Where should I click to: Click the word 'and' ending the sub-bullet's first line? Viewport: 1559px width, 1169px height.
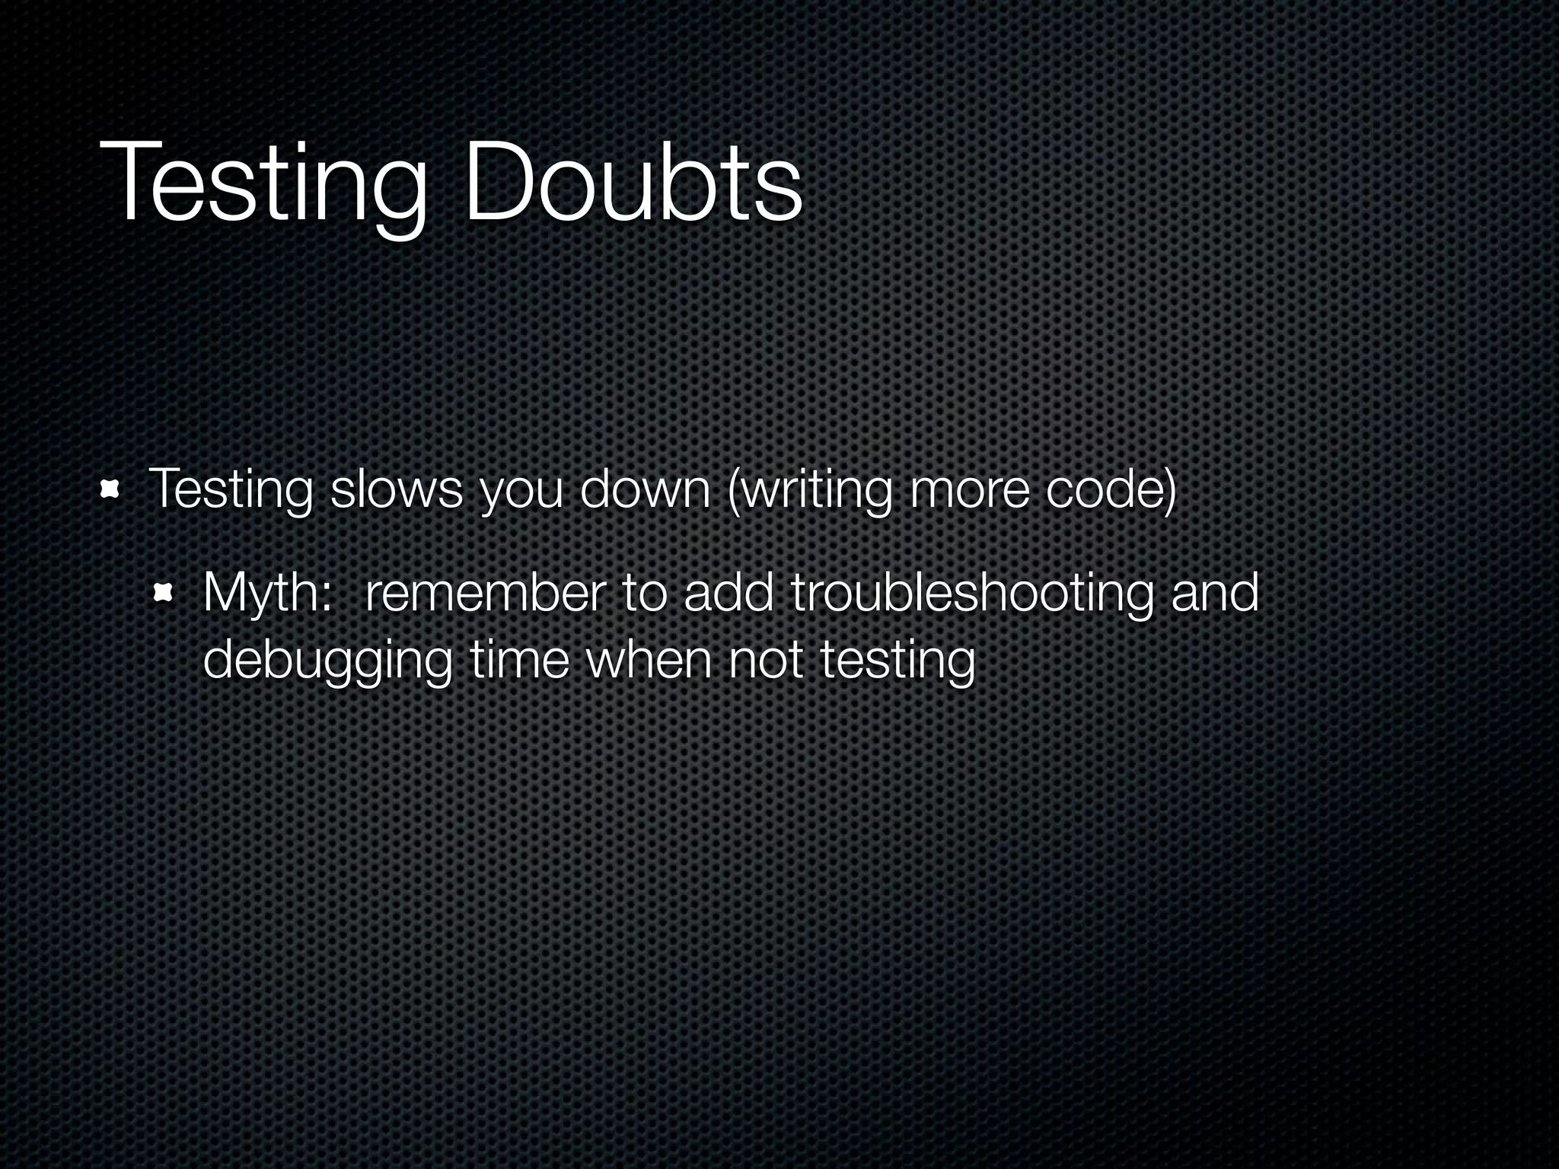(x=1216, y=592)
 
